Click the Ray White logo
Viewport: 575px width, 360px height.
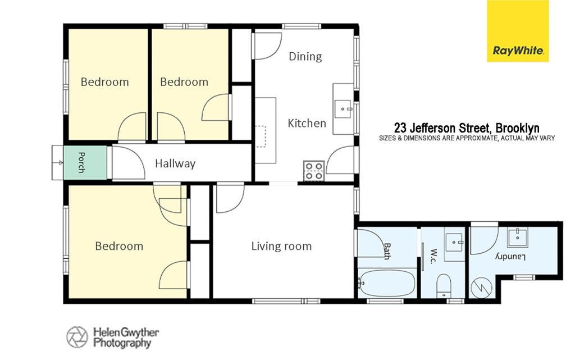[518, 31]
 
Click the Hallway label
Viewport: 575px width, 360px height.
[175, 163]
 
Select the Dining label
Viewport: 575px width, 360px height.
[305, 56]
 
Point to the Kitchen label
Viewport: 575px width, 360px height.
[307, 123]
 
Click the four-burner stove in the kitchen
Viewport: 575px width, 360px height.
[313, 171]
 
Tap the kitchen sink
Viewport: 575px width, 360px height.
[343, 109]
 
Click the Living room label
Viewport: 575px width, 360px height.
[281, 246]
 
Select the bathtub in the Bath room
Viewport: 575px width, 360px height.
[387, 283]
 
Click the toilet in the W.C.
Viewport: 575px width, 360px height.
[444, 286]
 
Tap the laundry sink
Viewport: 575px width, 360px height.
[517, 237]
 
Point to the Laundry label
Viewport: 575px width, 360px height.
[511, 256]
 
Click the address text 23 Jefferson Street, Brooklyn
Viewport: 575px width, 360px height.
[467, 128]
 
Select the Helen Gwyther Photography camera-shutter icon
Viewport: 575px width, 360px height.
[77, 337]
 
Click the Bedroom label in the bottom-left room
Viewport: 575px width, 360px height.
[119, 246]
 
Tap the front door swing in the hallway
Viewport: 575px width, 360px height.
[129, 163]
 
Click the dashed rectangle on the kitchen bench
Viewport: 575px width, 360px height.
[261, 136]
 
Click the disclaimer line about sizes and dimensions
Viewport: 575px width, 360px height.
[467, 139]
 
